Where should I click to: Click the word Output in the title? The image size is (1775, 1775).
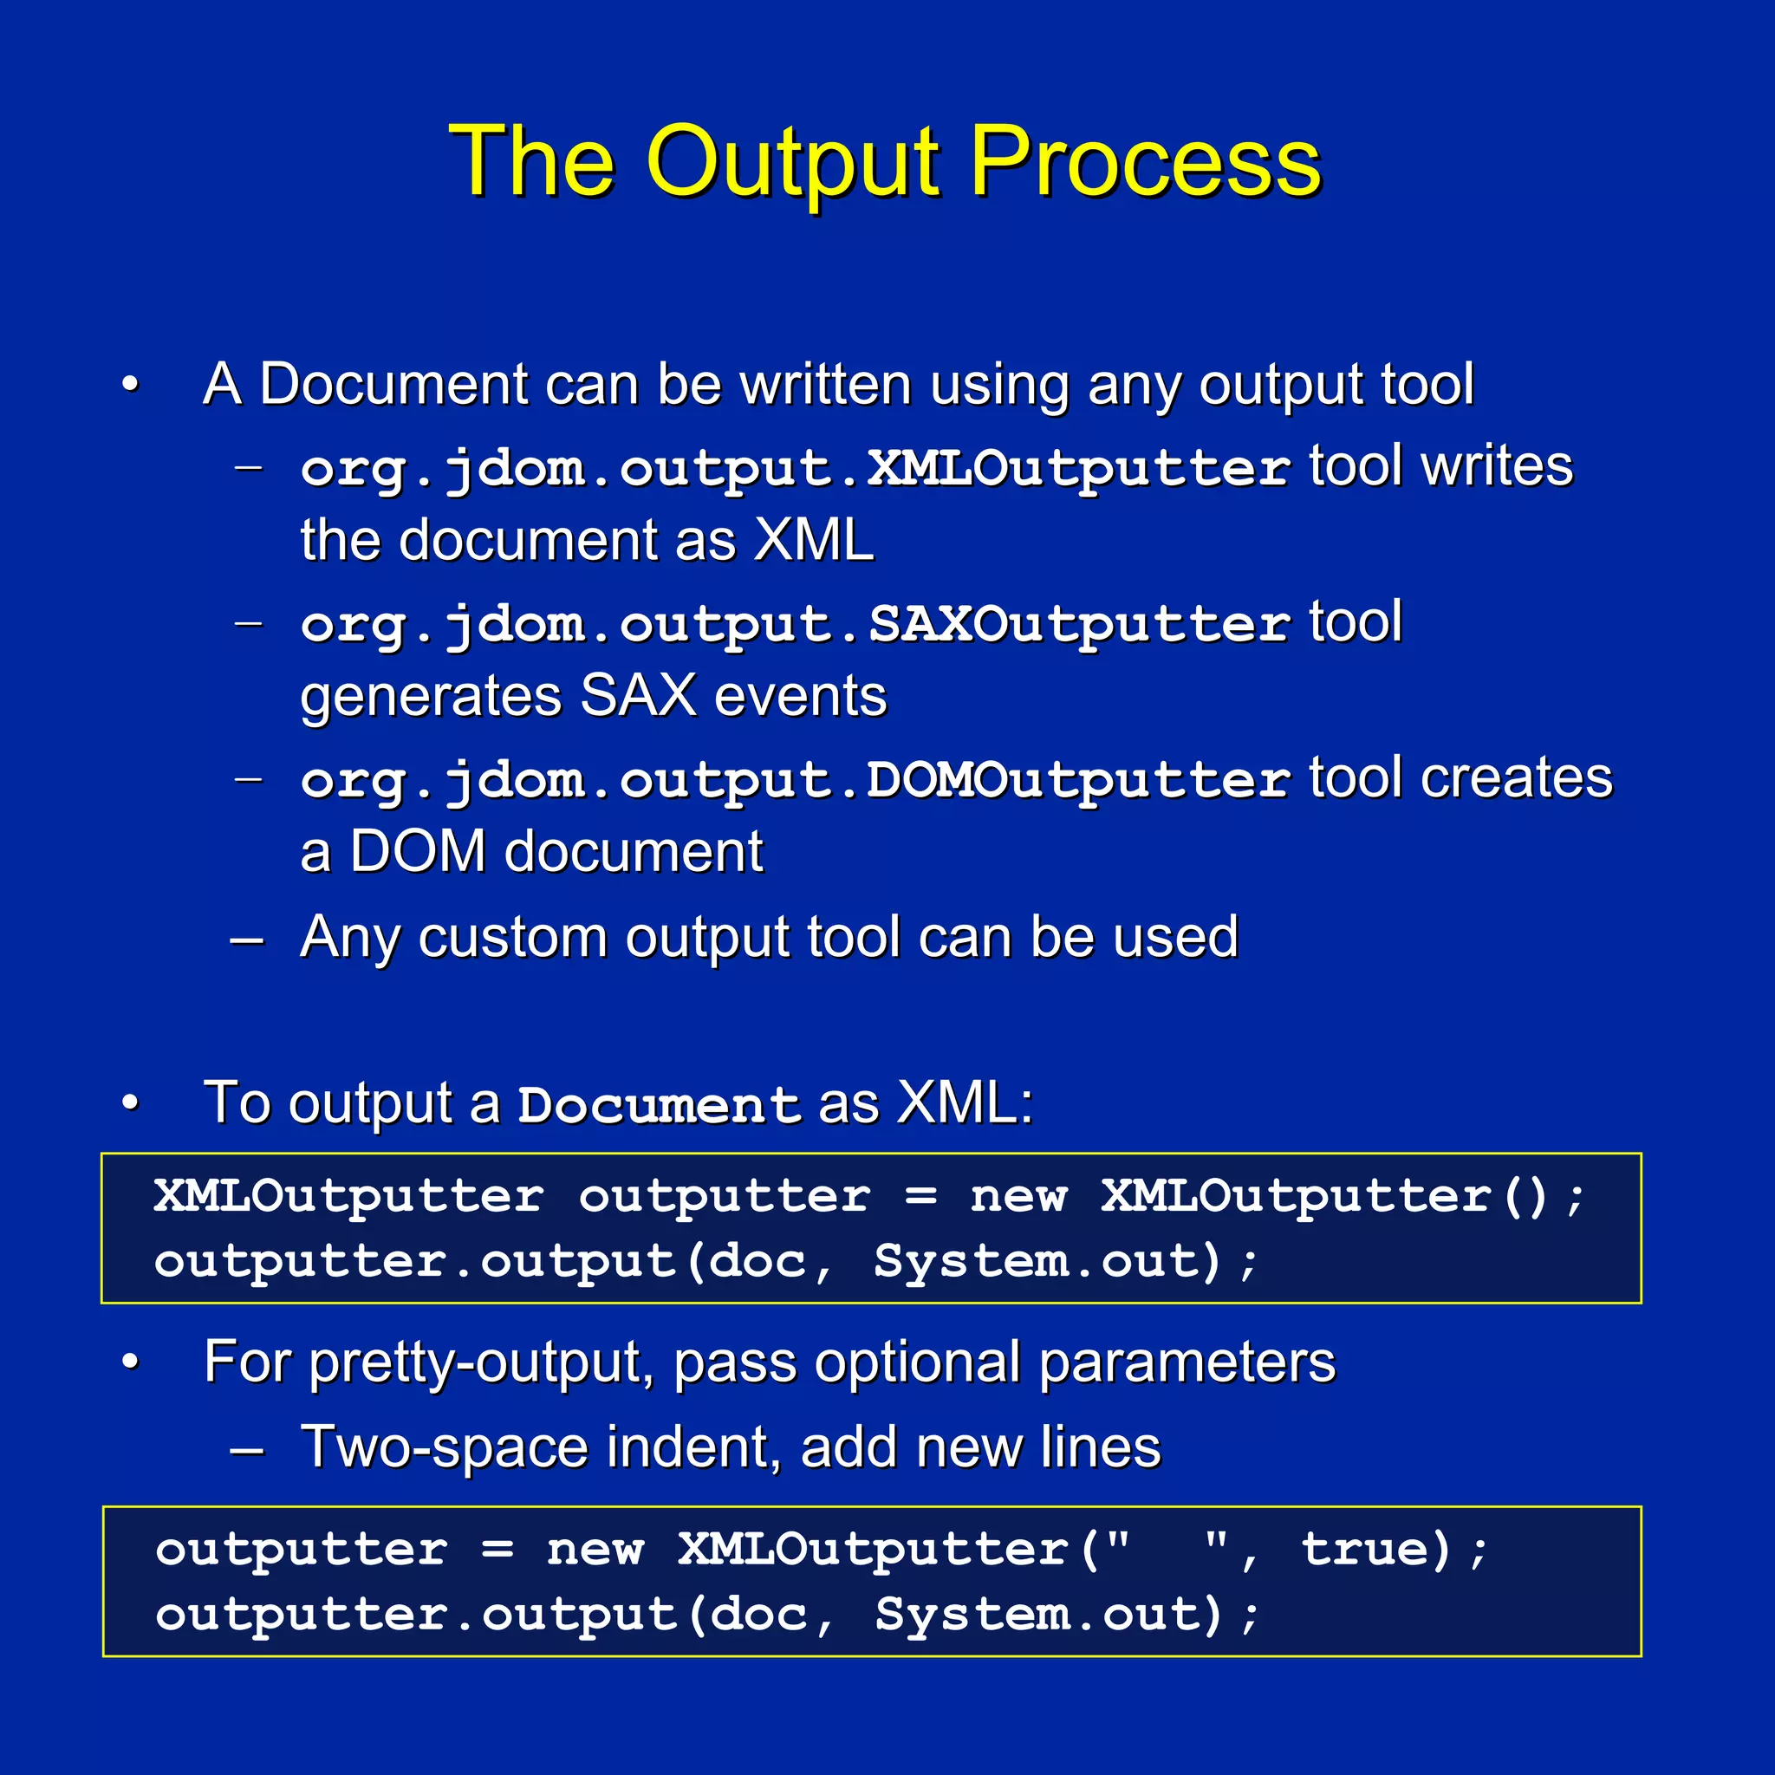pyautogui.click(x=794, y=164)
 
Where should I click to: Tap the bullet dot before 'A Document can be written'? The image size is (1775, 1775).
pyautogui.click(x=131, y=384)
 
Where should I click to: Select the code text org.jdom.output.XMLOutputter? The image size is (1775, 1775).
pyautogui.click(x=795, y=469)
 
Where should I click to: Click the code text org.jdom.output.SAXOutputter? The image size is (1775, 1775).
pyautogui.click(x=795, y=625)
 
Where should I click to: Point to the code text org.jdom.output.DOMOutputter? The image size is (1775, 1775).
pyautogui.click(x=795, y=781)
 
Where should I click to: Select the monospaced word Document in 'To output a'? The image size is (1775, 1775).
pyautogui.click(x=659, y=1104)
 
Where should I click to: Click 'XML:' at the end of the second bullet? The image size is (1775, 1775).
pyautogui.click(x=965, y=1102)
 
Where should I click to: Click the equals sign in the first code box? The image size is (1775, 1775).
pyautogui.click(x=920, y=1196)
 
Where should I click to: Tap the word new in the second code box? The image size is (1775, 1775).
pyautogui.click(x=595, y=1550)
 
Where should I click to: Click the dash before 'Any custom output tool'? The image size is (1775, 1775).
pyautogui.click(x=247, y=940)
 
